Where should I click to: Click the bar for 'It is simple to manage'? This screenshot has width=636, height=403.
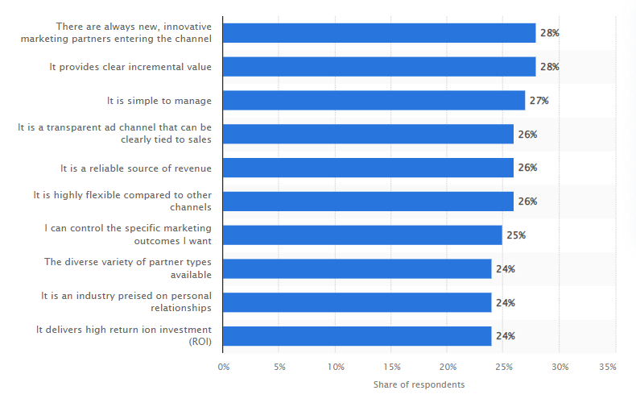(x=374, y=100)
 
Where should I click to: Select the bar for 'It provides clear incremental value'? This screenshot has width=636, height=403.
(x=379, y=67)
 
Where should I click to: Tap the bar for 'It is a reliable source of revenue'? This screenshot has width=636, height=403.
(x=368, y=168)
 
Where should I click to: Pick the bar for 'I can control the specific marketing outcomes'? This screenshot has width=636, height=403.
(x=362, y=235)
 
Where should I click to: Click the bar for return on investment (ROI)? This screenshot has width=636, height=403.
(x=357, y=336)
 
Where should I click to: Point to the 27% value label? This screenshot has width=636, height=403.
(x=539, y=101)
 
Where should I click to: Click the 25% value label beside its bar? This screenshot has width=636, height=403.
(x=516, y=235)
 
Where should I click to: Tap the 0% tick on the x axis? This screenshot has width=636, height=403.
(x=224, y=367)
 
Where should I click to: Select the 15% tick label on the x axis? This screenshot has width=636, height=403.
(x=392, y=367)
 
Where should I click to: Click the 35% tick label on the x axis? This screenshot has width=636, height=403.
(x=608, y=367)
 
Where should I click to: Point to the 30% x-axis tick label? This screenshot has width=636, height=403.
(x=560, y=367)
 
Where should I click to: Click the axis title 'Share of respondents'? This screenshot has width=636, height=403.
(x=419, y=384)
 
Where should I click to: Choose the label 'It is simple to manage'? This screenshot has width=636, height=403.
(x=159, y=101)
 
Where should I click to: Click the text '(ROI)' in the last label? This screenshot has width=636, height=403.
(x=200, y=342)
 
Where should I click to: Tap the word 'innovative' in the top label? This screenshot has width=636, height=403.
(x=188, y=27)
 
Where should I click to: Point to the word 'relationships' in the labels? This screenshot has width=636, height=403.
(x=181, y=308)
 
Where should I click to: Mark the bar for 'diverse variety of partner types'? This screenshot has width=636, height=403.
(x=357, y=269)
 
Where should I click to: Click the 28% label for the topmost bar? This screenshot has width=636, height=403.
(x=550, y=33)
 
